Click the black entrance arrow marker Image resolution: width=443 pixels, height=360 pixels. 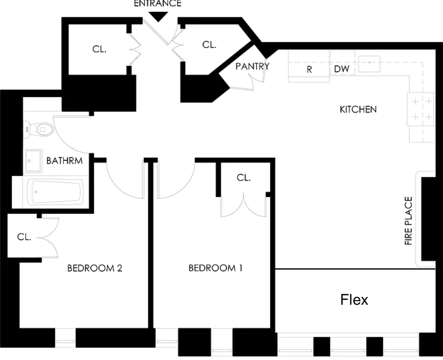tap(158, 17)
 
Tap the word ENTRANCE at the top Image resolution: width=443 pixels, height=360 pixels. tap(157, 3)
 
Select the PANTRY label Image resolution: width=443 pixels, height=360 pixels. tap(252, 66)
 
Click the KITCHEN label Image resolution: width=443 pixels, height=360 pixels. tap(358, 109)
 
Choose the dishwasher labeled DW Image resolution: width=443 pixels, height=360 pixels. tap(342, 63)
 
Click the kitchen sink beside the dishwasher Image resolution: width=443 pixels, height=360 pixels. tap(369, 64)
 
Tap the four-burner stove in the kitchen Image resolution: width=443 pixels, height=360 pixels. tap(421, 109)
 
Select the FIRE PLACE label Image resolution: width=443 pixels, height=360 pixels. tap(408, 221)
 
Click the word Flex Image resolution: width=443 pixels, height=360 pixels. tap(354, 299)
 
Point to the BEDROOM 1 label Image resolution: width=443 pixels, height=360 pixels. tap(215, 268)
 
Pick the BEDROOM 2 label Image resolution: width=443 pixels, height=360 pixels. tap(95, 268)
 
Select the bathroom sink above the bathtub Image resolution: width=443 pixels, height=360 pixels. tap(33, 161)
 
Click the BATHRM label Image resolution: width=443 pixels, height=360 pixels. tap(64, 161)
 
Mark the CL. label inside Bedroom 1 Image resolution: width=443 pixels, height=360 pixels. tap(244, 178)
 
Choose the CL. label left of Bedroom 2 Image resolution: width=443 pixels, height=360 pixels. tap(24, 237)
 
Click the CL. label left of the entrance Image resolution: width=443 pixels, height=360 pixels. tap(100, 49)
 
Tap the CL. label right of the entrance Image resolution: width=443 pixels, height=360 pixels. tap(209, 45)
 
